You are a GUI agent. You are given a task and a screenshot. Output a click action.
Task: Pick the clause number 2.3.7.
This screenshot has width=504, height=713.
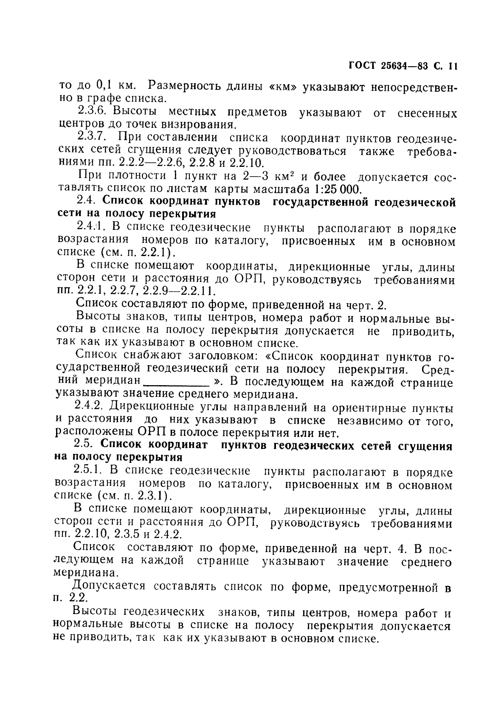click(94, 137)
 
